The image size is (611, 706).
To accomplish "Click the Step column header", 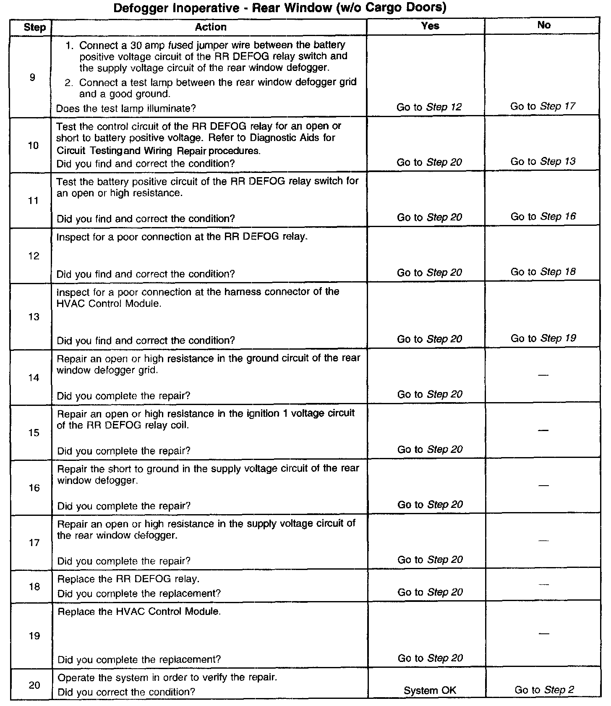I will click(x=34, y=28).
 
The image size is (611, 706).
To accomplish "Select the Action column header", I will click(x=211, y=27).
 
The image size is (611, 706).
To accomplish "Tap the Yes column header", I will click(x=430, y=26).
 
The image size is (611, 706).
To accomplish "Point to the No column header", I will click(x=544, y=25).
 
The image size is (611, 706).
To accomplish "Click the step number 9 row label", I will click(x=32, y=77).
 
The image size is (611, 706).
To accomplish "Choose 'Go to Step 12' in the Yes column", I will click(x=429, y=107).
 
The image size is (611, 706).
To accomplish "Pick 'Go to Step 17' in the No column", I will click(x=543, y=107).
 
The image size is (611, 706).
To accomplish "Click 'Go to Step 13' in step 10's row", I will click(x=543, y=162).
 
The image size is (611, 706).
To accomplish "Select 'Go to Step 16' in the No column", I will click(x=543, y=217).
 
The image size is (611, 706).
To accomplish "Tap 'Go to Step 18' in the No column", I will click(x=543, y=272).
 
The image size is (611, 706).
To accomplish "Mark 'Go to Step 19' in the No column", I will click(x=543, y=338).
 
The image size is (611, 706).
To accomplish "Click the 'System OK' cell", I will click(x=430, y=690).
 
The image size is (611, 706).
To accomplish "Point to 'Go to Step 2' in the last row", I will click(x=544, y=690).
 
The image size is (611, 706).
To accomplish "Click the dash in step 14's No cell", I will click(x=543, y=375).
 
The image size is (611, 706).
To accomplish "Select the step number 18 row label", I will click(x=34, y=587).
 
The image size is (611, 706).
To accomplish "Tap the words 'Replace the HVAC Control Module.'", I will click(x=139, y=612).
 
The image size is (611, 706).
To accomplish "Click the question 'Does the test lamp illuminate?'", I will click(x=126, y=109).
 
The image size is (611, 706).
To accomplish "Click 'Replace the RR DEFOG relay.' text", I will click(x=128, y=579).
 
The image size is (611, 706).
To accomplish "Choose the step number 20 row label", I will click(x=34, y=685).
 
